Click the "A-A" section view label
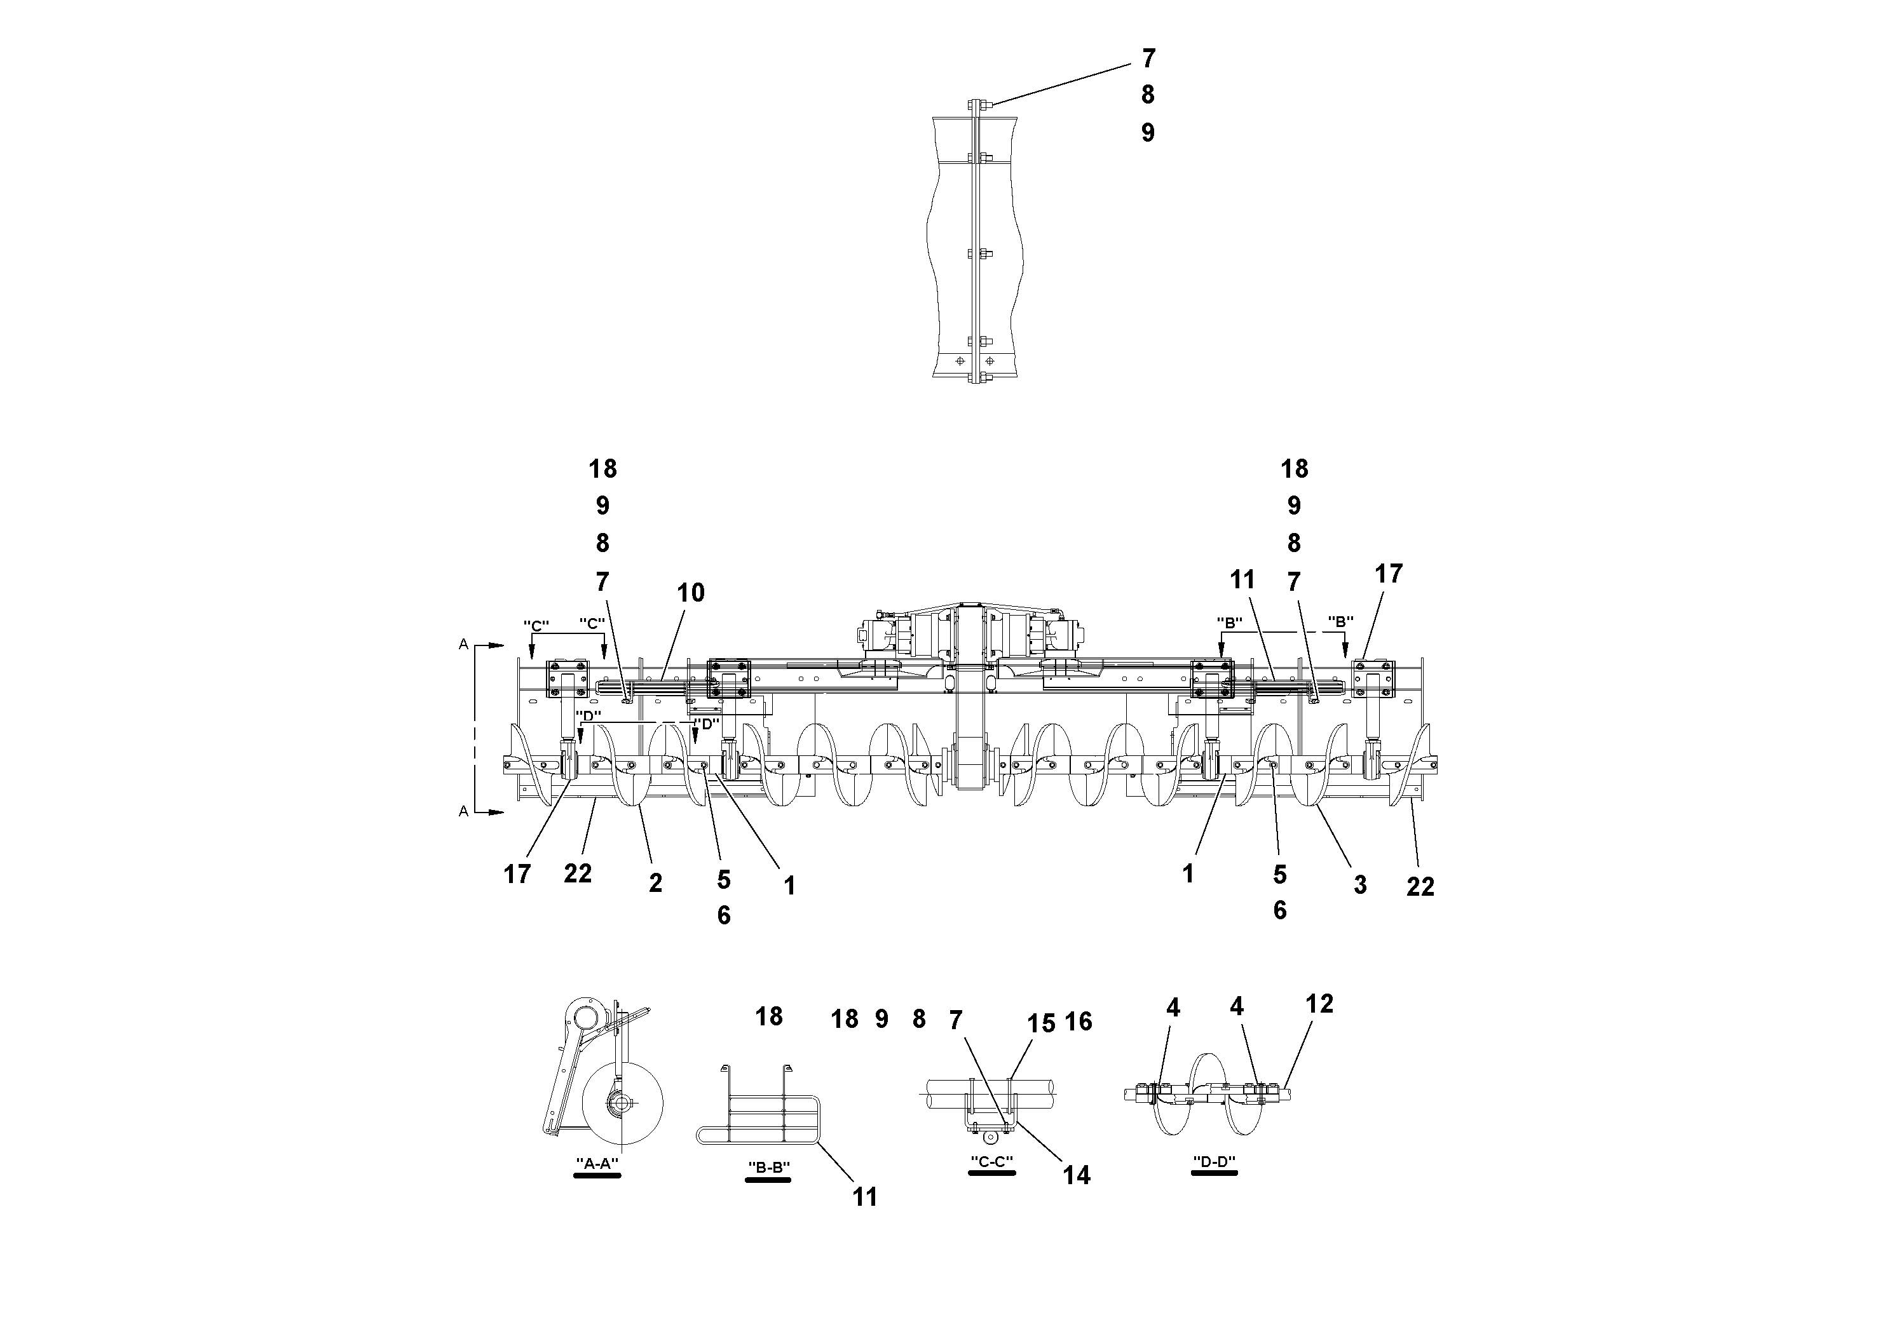coord(597,1163)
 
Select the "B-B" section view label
coord(768,1167)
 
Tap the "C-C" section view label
coord(991,1161)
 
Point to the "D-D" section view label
coord(1215,1161)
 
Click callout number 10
coord(691,593)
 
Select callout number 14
coord(1076,1175)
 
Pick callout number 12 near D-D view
coord(1319,1003)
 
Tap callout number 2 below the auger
coord(655,883)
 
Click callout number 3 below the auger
coord(1359,884)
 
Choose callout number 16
coord(1078,1022)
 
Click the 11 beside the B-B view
coord(864,1197)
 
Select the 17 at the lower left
coord(517,875)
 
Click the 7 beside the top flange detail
coord(1148,58)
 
